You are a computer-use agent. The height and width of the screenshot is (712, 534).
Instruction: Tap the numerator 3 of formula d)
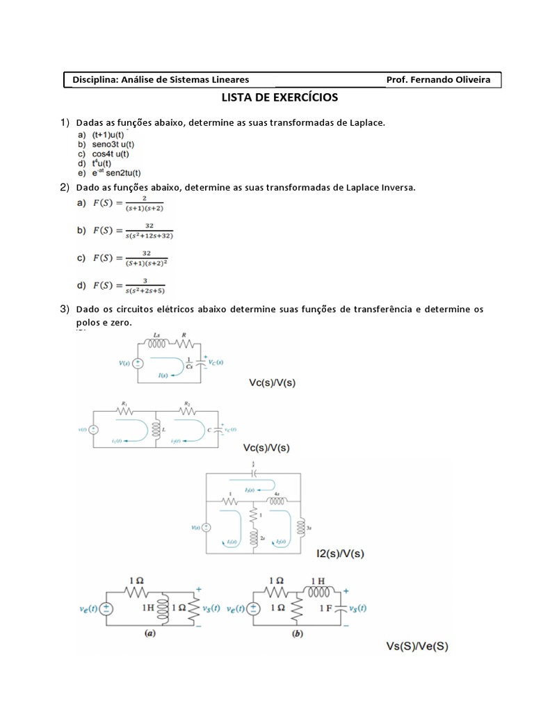145,281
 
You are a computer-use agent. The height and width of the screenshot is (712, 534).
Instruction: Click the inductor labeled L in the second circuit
158,430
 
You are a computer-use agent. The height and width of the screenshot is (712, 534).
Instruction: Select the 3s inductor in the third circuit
300,523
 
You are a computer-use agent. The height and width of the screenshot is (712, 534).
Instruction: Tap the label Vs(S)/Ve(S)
417,646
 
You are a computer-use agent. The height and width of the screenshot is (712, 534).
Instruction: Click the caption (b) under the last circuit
298,633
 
